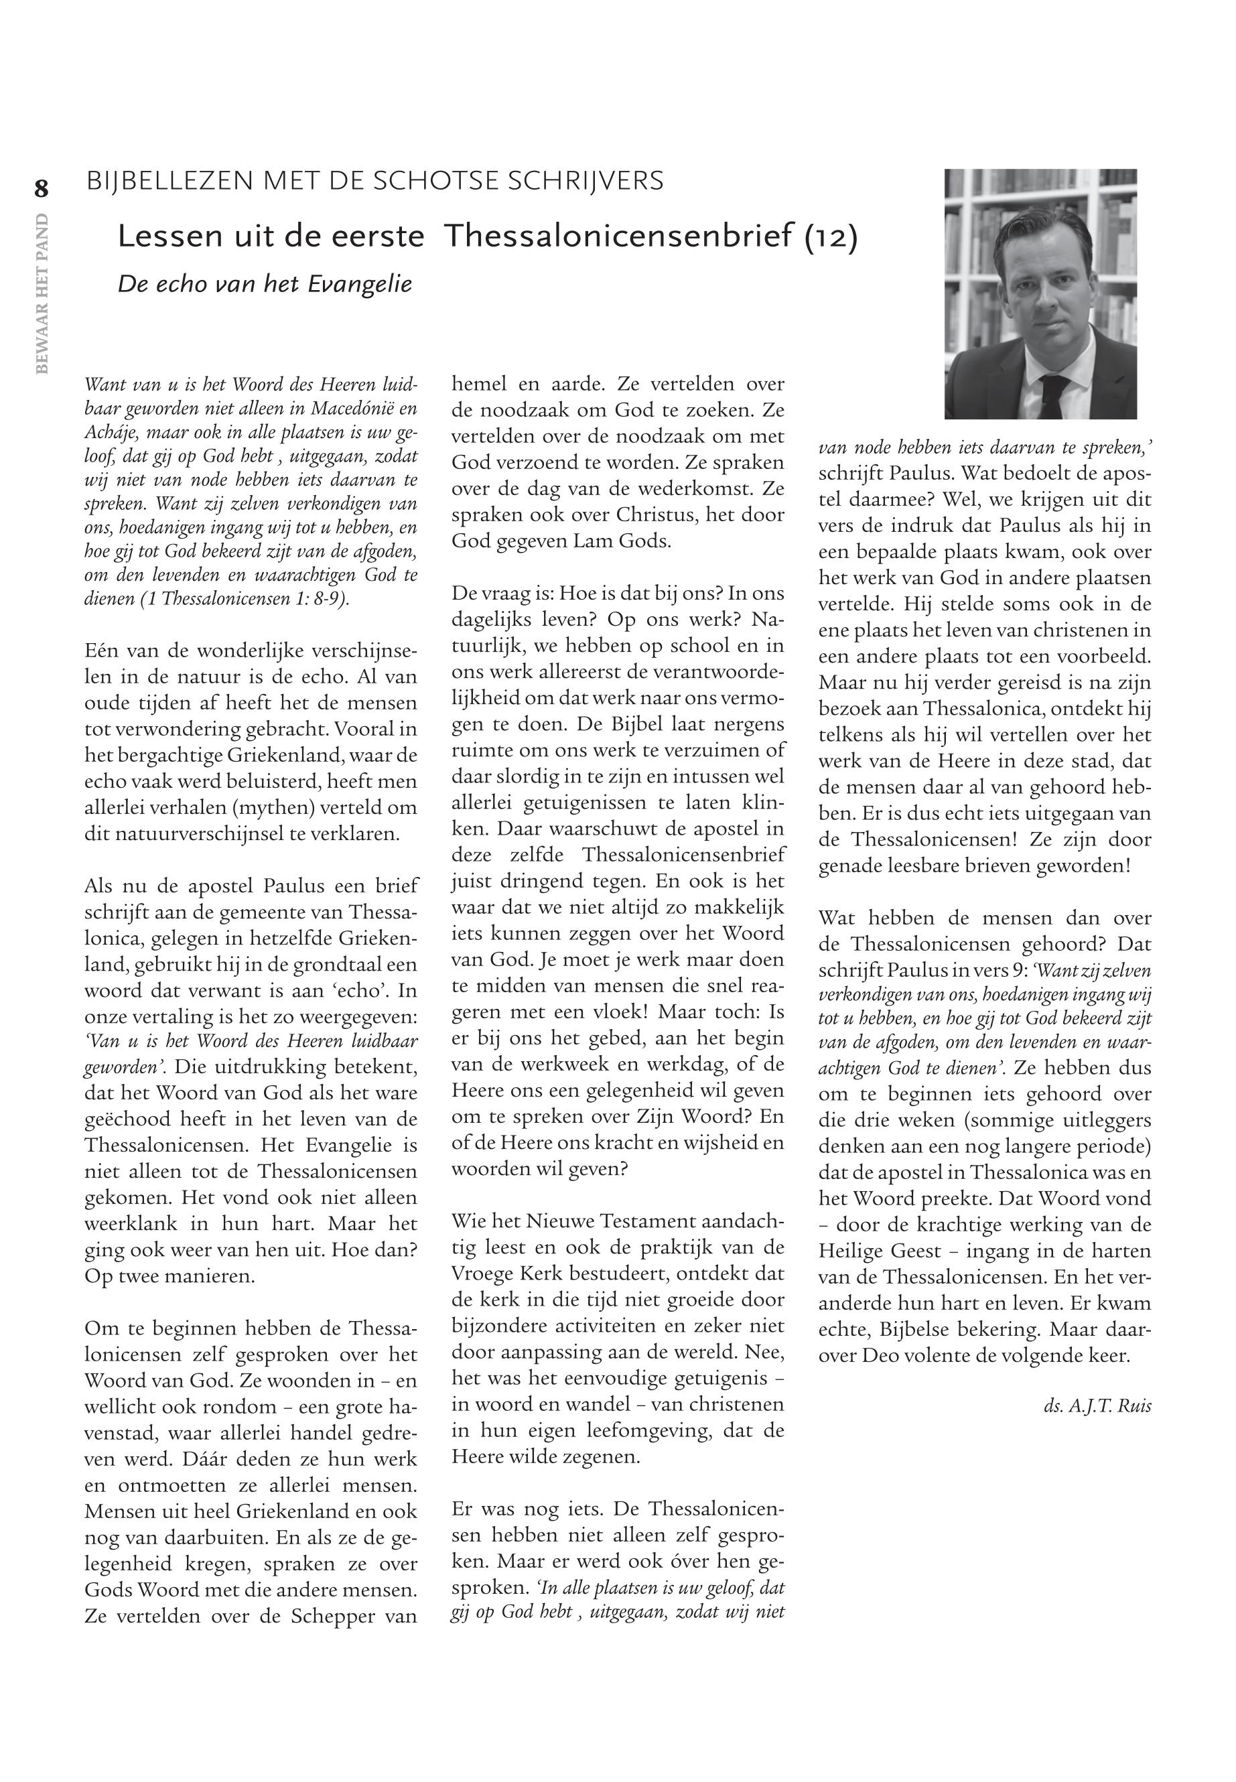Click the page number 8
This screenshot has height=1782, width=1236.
(40, 189)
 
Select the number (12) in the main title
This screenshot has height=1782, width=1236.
(831, 237)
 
